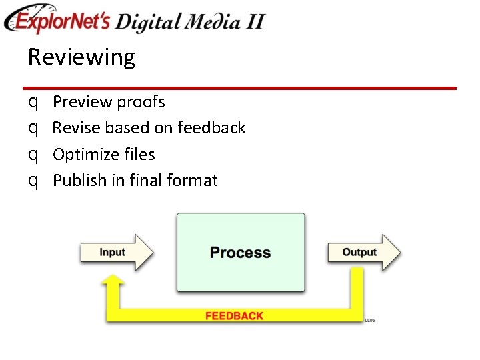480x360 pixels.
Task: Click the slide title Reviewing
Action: pyautogui.click(x=81, y=58)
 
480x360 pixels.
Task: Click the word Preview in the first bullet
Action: pyautogui.click(x=82, y=102)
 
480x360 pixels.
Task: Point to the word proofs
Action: pyautogui.click(x=141, y=102)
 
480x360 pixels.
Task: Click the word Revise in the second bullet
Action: pyautogui.click(x=75, y=127)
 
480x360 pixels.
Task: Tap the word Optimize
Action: pyautogui.click(x=84, y=155)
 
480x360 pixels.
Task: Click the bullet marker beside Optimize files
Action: pyautogui.click(x=33, y=155)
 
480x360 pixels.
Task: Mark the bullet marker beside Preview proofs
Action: pyautogui.click(x=33, y=103)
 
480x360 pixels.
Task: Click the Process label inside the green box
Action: pyautogui.click(x=240, y=253)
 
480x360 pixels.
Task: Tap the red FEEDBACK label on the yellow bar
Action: pyautogui.click(x=234, y=316)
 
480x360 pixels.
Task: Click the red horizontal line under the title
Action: pyautogui.click(x=239, y=88)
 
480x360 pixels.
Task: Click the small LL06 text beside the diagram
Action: pyautogui.click(x=369, y=321)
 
